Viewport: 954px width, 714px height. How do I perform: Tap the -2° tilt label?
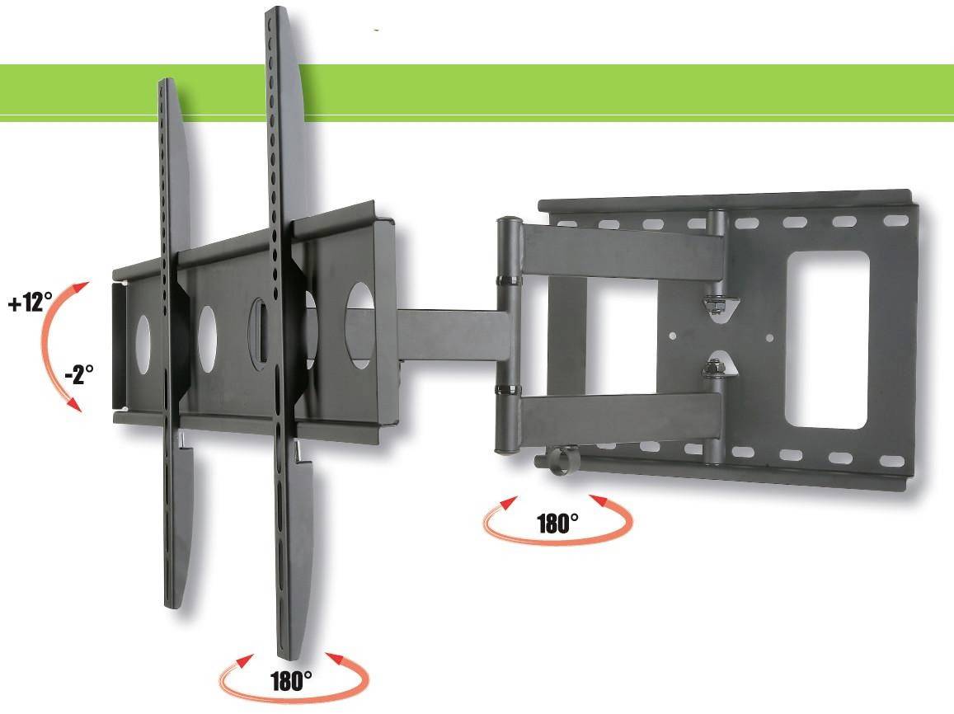79,376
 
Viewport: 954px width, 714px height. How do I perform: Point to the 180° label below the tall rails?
291,680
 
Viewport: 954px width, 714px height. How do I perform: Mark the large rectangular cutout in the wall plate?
826,340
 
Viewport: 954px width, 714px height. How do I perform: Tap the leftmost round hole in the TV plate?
143,340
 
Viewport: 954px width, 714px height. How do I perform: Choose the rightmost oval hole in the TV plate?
360,325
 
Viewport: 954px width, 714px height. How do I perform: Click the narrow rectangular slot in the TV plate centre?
257,330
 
